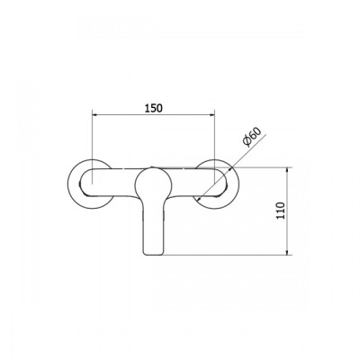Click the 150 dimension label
pos(154,108)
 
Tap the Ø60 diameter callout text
pos(252,137)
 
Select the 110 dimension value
pos(280,211)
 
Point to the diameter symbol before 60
pos(247,142)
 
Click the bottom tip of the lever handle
pos(154,256)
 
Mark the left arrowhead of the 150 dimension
pos(94,114)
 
